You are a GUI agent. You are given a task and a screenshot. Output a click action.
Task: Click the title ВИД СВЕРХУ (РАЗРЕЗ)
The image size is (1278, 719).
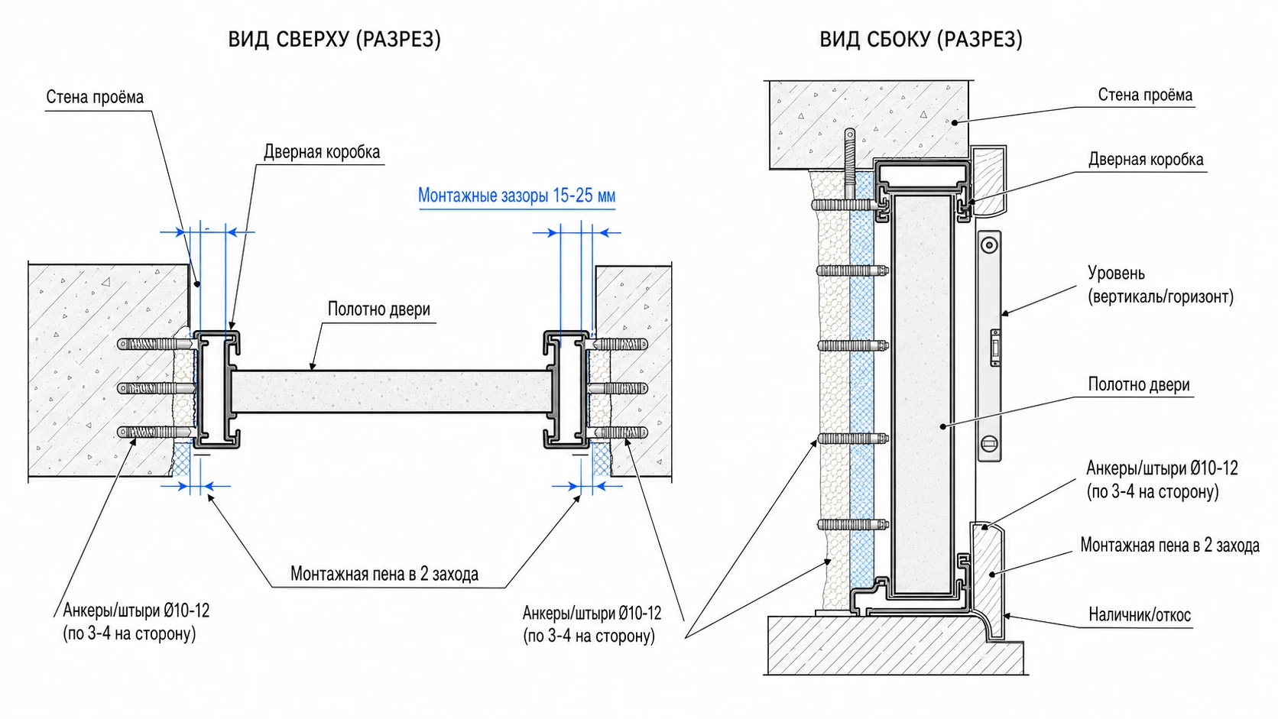click(x=334, y=39)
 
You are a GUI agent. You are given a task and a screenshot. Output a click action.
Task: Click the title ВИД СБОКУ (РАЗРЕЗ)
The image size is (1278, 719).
click(x=921, y=39)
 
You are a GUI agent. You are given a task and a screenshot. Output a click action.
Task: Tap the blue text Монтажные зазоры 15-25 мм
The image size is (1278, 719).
click(x=517, y=196)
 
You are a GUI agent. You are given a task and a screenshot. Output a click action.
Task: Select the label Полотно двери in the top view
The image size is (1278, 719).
click(x=379, y=309)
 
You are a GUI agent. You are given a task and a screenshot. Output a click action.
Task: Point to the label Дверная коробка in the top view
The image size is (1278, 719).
click(x=322, y=151)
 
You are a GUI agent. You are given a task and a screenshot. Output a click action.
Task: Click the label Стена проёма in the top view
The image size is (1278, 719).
click(x=95, y=97)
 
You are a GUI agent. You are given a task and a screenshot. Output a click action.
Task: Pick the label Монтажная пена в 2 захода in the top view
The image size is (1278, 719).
click(x=384, y=574)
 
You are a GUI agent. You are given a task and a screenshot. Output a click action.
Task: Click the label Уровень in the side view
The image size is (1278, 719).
click(x=1116, y=273)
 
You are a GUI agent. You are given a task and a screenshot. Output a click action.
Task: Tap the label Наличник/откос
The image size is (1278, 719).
click(x=1140, y=614)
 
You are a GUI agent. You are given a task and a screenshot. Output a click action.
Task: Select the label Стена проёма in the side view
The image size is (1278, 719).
click(x=1145, y=95)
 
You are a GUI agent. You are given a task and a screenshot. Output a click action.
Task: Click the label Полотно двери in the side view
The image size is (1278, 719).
click(x=1139, y=384)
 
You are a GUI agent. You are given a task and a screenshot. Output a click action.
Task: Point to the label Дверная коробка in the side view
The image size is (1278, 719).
click(x=1146, y=159)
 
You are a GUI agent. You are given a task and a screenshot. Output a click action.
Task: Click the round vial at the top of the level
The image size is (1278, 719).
click(x=989, y=246)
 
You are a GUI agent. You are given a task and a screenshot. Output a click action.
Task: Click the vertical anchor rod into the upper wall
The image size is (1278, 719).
click(x=850, y=163)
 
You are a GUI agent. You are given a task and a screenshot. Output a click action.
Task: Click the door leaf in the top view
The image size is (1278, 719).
click(x=391, y=391)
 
